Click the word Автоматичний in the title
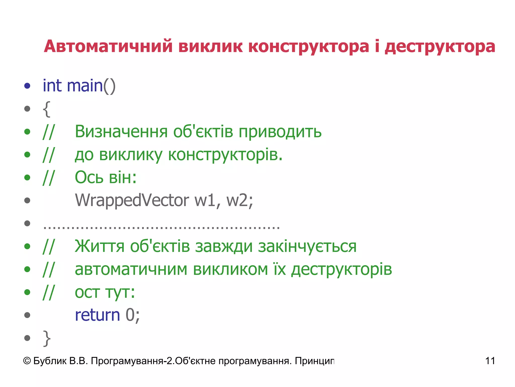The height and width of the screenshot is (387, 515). [108, 47]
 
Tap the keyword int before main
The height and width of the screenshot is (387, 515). [52, 86]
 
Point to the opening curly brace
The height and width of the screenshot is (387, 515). [47, 109]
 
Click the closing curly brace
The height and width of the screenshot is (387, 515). [47, 338]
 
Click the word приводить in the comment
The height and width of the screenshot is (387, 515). [280, 132]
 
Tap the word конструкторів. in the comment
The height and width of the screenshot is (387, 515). [225, 155]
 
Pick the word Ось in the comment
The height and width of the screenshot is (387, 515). [89, 177]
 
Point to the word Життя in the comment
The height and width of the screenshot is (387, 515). [100, 246]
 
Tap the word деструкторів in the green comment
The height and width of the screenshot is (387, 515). [341, 269]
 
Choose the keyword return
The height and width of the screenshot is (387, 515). [98, 315]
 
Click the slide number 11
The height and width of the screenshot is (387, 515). [490, 361]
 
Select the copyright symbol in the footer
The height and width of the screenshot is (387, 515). [27, 361]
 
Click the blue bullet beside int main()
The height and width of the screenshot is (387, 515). [27, 86]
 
